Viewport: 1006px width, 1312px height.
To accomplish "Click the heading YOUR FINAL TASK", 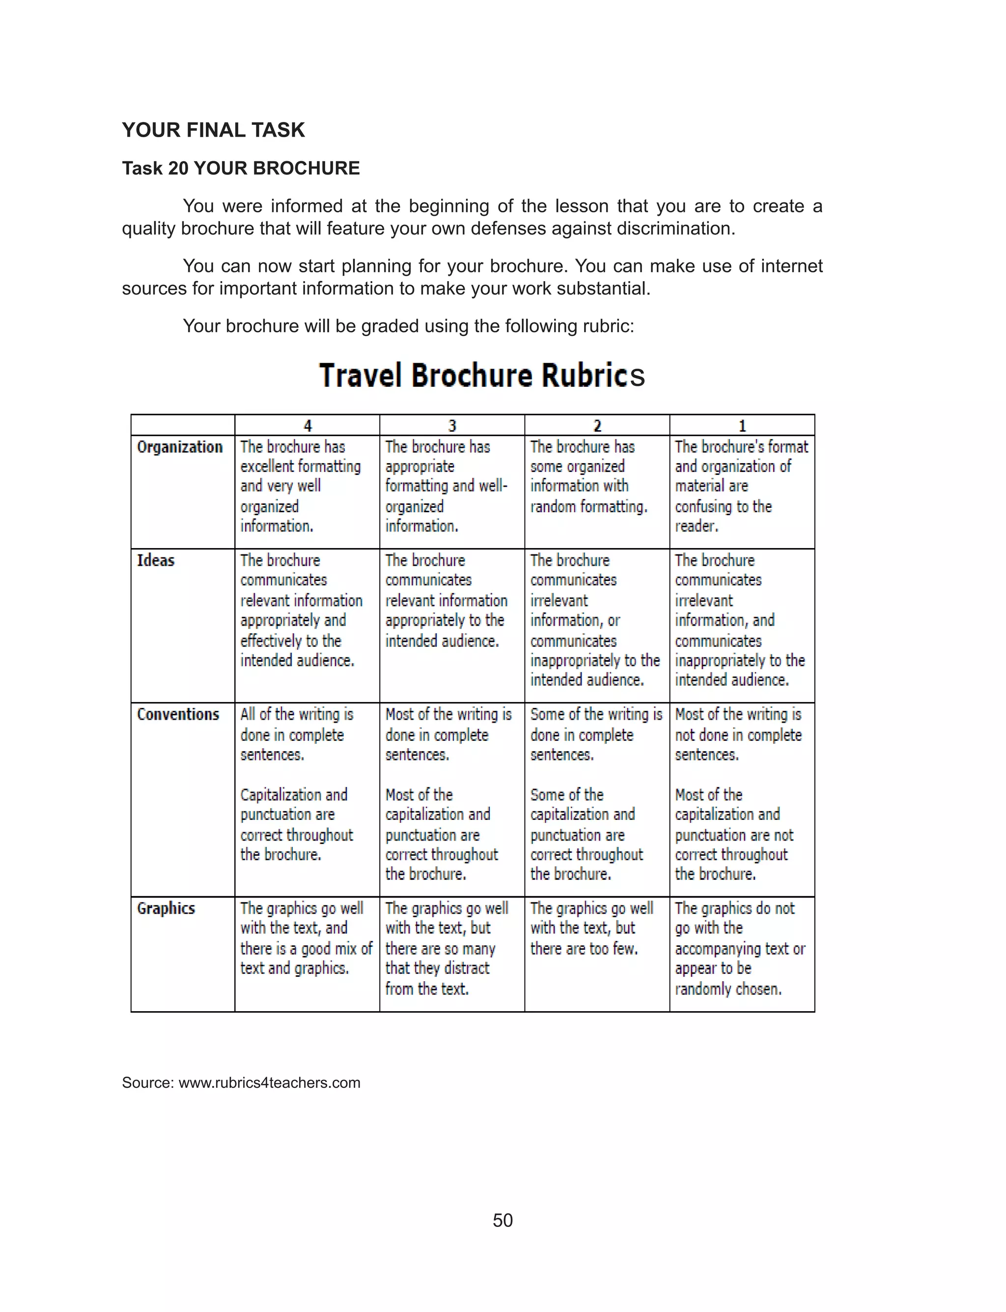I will (213, 130).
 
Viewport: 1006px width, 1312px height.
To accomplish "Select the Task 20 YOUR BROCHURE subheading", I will (241, 168).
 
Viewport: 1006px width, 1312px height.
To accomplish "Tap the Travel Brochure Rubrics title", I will (482, 375).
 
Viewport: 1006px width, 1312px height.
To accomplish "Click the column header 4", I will (307, 425).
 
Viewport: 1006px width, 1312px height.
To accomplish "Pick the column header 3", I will (452, 425).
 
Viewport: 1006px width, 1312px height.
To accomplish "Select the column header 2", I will (597, 425).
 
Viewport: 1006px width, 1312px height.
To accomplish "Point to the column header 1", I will (742, 425).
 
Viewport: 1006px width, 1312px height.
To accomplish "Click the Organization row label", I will (180, 447).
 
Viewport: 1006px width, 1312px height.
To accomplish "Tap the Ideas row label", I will (156, 560).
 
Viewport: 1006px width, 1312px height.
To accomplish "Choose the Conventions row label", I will (178, 714).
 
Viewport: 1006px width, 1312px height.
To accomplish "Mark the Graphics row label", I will (166, 908).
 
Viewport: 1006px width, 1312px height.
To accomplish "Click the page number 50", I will (503, 1221).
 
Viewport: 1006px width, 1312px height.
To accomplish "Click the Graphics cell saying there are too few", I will (591, 929).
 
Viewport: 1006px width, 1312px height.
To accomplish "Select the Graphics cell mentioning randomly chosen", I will (740, 948).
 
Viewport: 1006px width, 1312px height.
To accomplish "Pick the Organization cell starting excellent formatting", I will (300, 486).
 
